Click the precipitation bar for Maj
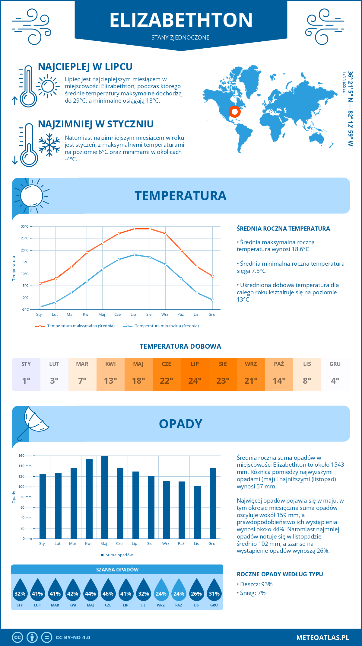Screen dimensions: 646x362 click(x=104, y=497)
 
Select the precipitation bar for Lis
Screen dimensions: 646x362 click(x=197, y=512)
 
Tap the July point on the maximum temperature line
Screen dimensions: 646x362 click(x=134, y=229)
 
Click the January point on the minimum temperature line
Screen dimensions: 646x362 click(x=40, y=307)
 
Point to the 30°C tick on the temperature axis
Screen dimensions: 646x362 click(x=25, y=226)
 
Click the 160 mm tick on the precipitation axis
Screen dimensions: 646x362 click(x=25, y=456)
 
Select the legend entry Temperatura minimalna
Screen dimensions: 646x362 click(x=161, y=326)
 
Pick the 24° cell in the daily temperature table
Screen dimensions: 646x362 click(x=195, y=381)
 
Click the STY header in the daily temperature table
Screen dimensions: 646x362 click(x=26, y=364)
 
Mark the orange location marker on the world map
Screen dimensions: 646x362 click(x=234, y=112)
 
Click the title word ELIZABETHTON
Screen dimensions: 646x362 click(x=181, y=20)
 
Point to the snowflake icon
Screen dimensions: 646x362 click(x=49, y=145)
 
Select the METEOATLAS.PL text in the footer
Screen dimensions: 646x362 click(x=322, y=638)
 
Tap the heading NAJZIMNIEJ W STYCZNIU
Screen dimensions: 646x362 click(x=96, y=124)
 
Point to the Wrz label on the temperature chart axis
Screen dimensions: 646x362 click(x=165, y=315)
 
